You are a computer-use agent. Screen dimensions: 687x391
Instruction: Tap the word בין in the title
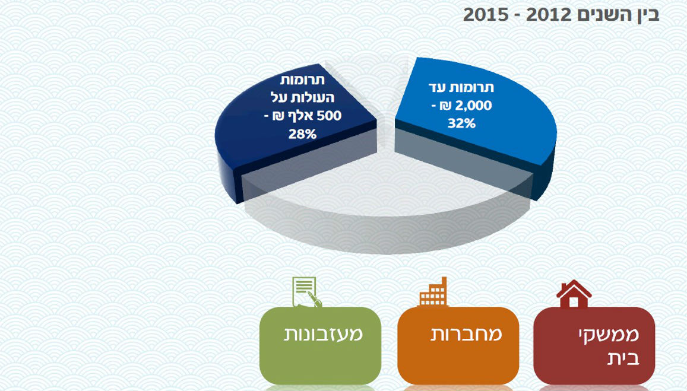[646, 15]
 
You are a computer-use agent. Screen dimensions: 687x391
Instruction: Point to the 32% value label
[461, 123]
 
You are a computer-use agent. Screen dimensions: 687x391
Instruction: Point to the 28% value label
[302, 134]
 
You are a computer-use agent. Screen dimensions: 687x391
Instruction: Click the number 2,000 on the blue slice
[474, 106]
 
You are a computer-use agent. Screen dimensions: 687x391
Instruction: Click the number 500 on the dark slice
[330, 116]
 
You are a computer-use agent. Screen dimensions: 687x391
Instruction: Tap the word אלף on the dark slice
[302, 116]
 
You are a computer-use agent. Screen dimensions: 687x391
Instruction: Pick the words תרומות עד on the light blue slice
[461, 87]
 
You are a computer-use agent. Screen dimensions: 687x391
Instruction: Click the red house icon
[574, 294]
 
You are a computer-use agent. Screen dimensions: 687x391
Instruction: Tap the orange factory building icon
[433, 291]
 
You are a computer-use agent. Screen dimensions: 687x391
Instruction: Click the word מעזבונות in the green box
[324, 334]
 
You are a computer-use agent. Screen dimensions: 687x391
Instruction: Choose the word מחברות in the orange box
[466, 334]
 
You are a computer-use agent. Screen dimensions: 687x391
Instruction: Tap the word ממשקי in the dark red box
[609, 335]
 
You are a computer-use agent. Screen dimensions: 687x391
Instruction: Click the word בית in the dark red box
[623, 358]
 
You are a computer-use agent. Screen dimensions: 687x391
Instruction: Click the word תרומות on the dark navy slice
[302, 80]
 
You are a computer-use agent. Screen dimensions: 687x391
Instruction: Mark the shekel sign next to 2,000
[446, 106]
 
